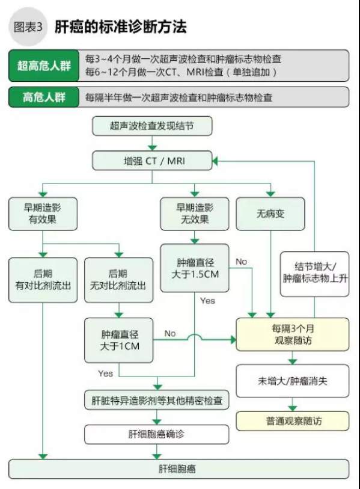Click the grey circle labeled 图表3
tap(28, 27)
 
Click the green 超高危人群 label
tap(44, 66)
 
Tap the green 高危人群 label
tap(44, 97)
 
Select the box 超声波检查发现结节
tap(152, 126)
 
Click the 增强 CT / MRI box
tap(152, 161)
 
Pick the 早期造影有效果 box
tap(43, 214)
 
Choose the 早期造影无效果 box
tap(195, 214)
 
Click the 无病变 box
tap(270, 214)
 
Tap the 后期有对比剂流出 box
tap(43, 280)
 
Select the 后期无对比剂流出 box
tap(119, 280)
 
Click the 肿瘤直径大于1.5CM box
tap(195, 268)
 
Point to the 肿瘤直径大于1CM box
tap(119, 340)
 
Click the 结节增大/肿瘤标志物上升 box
tap(314, 274)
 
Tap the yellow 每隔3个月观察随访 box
tap(292, 334)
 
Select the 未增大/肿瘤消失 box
tap(292, 381)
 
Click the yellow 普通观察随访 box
tap(292, 421)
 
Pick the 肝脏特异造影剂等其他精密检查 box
tap(157, 400)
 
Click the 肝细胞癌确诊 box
tap(157, 434)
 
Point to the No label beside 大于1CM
tap(170, 333)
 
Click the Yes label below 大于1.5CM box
tap(207, 301)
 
